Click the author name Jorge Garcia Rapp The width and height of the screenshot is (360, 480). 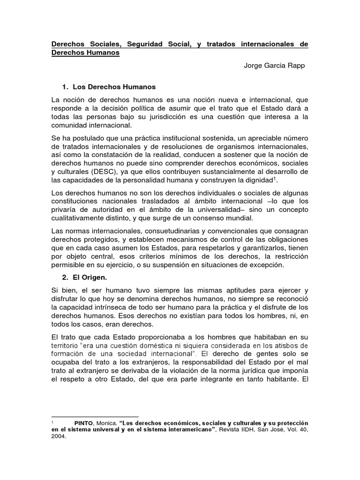[274, 66]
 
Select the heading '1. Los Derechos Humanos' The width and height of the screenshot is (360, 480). [108, 87]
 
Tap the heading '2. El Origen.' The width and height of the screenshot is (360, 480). [90, 277]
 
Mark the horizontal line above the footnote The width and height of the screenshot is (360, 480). [95, 416]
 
